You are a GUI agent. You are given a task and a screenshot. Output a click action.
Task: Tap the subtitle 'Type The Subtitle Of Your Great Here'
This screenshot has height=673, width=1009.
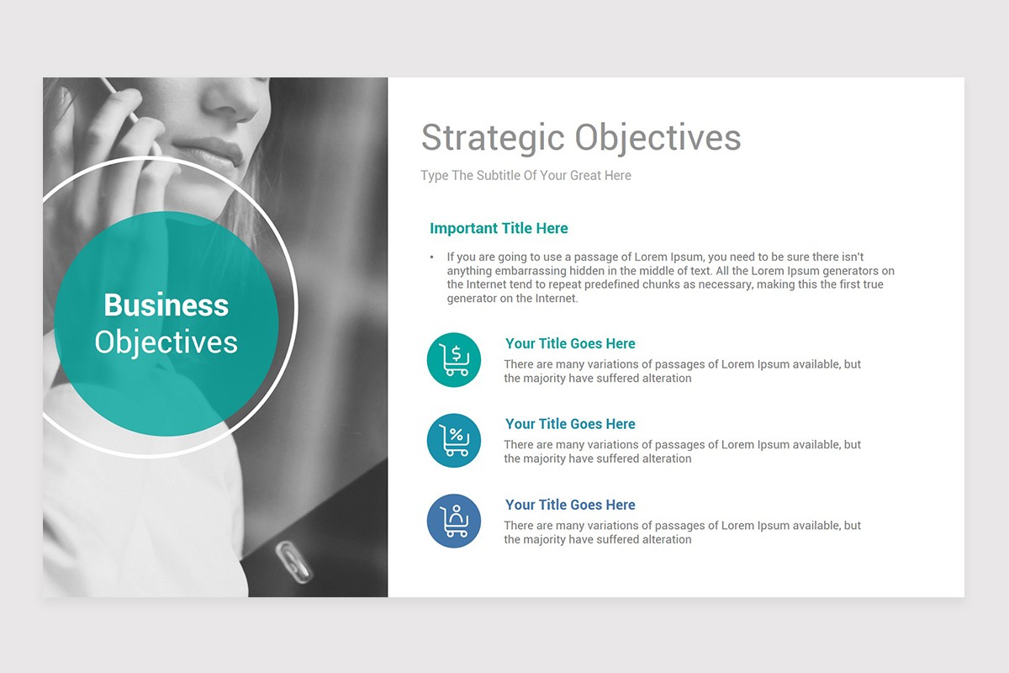point(526,176)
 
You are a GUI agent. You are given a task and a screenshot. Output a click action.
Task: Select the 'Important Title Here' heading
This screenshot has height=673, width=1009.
point(499,228)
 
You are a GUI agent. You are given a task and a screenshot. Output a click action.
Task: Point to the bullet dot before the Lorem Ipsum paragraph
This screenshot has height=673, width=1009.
point(431,257)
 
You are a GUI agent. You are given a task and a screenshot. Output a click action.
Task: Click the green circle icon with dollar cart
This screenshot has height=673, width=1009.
point(454,360)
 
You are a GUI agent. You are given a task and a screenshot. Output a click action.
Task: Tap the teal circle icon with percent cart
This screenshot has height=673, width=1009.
point(454,441)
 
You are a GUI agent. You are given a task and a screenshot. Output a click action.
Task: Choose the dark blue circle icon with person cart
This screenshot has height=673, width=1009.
point(454,522)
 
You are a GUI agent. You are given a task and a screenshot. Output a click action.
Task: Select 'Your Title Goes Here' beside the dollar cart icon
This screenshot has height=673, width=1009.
point(570,343)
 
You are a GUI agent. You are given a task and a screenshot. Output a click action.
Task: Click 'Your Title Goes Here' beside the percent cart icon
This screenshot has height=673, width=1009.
point(570,424)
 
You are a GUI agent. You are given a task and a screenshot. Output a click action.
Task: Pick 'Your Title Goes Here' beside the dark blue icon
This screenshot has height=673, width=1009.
point(570,505)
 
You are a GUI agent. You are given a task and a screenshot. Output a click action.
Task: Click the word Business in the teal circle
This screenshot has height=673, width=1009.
point(166,305)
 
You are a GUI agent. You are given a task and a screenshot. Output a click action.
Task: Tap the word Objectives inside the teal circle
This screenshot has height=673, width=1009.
point(166,342)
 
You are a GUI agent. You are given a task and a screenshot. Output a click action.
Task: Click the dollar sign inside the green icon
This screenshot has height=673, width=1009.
point(456,352)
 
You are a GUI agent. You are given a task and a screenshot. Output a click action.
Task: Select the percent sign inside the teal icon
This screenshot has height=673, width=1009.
point(456,435)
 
